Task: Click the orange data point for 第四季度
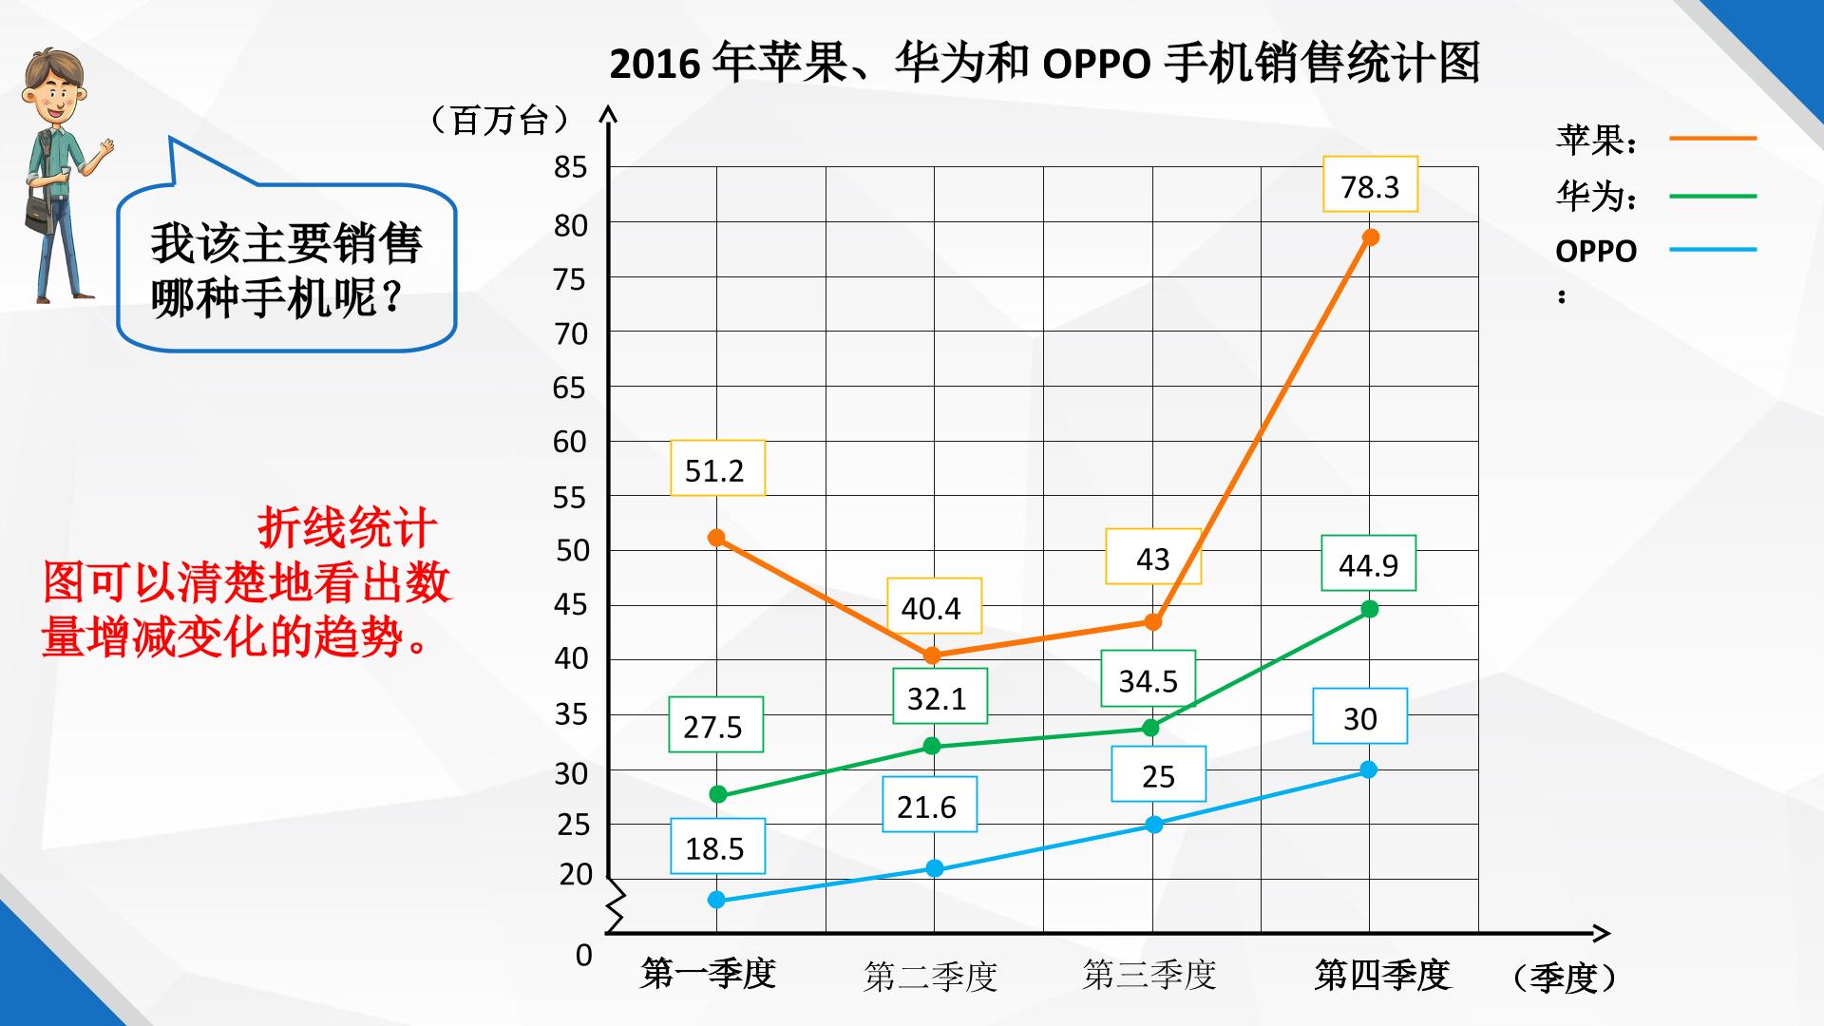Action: click(1370, 237)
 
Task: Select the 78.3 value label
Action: click(1370, 185)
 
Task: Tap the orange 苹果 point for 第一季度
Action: click(717, 538)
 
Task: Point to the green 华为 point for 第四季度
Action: click(1369, 609)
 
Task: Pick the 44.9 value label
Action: click(1368, 563)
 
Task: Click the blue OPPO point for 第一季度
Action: click(717, 900)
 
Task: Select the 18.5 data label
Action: click(717, 846)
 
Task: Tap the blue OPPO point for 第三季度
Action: click(1153, 825)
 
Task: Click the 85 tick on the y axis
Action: click(571, 167)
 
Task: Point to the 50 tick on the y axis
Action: click(571, 550)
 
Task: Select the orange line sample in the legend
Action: click(1713, 139)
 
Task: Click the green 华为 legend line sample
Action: click(1713, 197)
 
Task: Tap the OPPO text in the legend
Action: click(1596, 252)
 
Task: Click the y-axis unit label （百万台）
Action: click(500, 121)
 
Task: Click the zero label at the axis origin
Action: click(583, 955)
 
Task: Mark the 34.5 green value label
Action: click(1148, 679)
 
